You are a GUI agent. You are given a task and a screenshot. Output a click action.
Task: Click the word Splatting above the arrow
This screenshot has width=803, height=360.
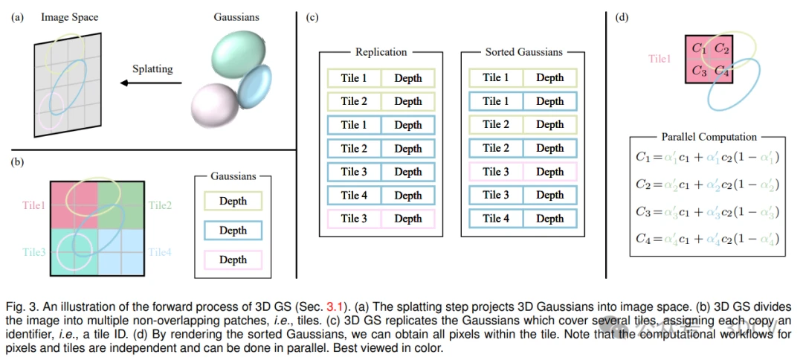(x=152, y=69)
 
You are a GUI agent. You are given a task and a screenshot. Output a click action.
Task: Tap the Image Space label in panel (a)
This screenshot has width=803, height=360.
(x=69, y=16)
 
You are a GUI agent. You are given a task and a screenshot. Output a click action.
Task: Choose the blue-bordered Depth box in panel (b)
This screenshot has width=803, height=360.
(x=233, y=231)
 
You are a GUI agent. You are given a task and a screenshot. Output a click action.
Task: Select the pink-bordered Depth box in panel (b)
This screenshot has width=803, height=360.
(x=233, y=260)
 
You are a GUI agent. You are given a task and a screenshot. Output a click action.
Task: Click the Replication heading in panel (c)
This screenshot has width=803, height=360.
(x=381, y=52)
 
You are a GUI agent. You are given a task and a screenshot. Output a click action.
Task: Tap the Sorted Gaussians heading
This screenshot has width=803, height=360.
(x=523, y=52)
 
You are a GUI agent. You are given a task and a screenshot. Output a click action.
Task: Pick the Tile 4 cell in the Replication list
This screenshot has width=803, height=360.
(x=354, y=196)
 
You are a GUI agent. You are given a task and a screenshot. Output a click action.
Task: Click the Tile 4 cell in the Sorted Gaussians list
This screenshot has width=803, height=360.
(x=495, y=219)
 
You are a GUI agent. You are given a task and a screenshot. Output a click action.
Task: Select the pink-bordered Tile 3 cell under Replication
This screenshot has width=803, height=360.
(x=354, y=219)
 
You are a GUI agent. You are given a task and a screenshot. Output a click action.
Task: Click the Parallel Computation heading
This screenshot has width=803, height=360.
(x=709, y=137)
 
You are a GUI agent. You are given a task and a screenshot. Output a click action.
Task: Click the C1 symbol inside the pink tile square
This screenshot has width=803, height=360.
(x=700, y=48)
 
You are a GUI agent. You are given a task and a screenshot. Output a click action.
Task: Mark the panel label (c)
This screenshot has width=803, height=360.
(x=312, y=17)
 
